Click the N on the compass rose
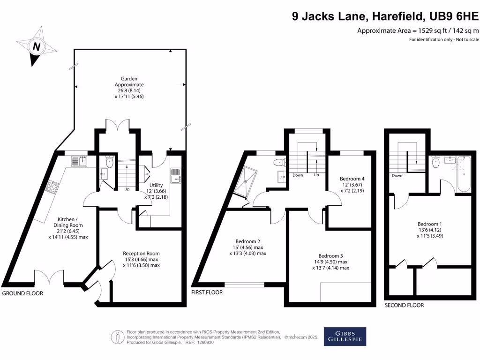(37, 46)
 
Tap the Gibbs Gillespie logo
(345, 337)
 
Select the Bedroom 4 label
(352, 179)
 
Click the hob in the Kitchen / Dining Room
(52, 187)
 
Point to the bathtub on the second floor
(463, 174)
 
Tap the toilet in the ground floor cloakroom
(109, 161)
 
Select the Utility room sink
(176, 175)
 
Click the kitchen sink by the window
(80, 161)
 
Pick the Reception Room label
(141, 254)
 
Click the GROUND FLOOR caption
(22, 293)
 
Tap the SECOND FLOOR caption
(404, 305)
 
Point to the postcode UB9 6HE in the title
(454, 16)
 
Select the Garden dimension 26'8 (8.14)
(129, 90)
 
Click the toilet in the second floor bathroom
(436, 162)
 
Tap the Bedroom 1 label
(429, 224)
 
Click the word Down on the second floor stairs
(397, 176)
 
